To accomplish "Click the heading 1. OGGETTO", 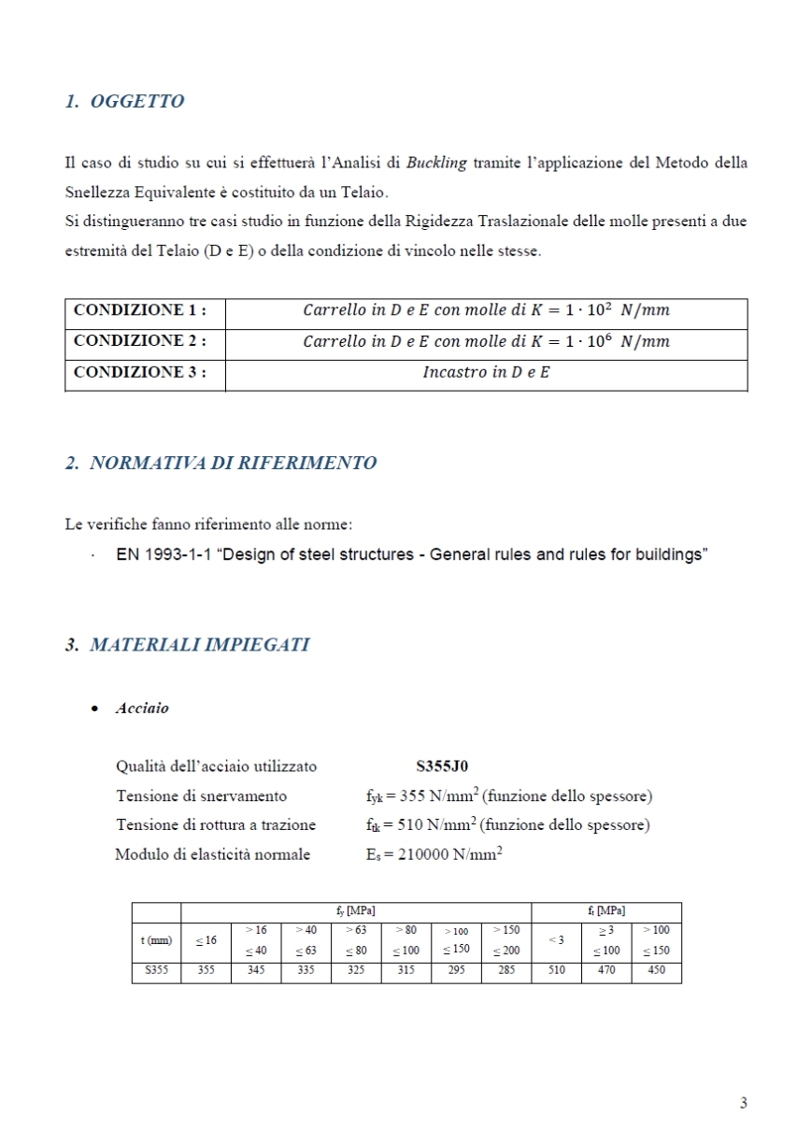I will pyautogui.click(x=124, y=102).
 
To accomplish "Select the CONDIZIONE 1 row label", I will pyautogui.click(x=139, y=310).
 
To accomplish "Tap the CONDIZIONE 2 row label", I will pyautogui.click(x=139, y=341).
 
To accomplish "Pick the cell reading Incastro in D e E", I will pyautogui.click(x=486, y=373).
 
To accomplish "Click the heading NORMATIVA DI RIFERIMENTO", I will pyautogui.click(x=233, y=464).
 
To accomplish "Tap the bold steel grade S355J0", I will pyautogui.click(x=442, y=767).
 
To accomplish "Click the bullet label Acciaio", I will pyautogui.click(x=142, y=708).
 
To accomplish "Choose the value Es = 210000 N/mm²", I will pyautogui.click(x=434, y=854).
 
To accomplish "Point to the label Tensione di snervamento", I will pyautogui.click(x=201, y=796).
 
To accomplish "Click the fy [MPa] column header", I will pyautogui.click(x=356, y=910).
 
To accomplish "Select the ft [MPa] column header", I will pyautogui.click(x=606, y=910).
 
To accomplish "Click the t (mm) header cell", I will pyautogui.click(x=156, y=940).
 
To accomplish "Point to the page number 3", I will pyautogui.click(x=743, y=1103).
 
